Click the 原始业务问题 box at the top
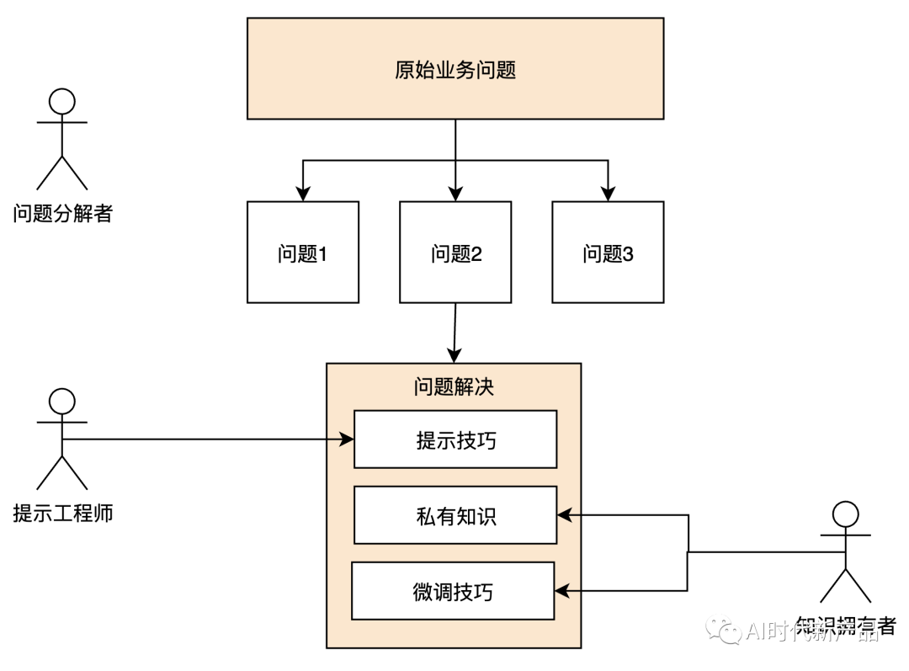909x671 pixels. pos(454,70)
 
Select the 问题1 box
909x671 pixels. pos(302,252)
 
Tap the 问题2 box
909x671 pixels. pos(455,252)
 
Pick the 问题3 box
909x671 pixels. pos(608,252)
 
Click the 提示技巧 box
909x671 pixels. pos(455,439)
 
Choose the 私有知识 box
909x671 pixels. pos(455,515)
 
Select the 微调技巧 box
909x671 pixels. pos(453,591)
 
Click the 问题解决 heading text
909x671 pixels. pos(454,387)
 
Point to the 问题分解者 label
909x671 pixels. pos(62,213)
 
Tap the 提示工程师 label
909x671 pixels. pos(62,513)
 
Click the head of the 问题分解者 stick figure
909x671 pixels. pos(61,102)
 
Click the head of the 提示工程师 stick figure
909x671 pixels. pos(61,402)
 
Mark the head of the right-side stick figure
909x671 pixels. pos(845,514)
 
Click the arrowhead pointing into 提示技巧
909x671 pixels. pos(346,439)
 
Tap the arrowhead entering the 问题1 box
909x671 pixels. pos(302,194)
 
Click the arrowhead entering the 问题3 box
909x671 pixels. pos(608,194)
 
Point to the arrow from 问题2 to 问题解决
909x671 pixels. pos(454,333)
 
